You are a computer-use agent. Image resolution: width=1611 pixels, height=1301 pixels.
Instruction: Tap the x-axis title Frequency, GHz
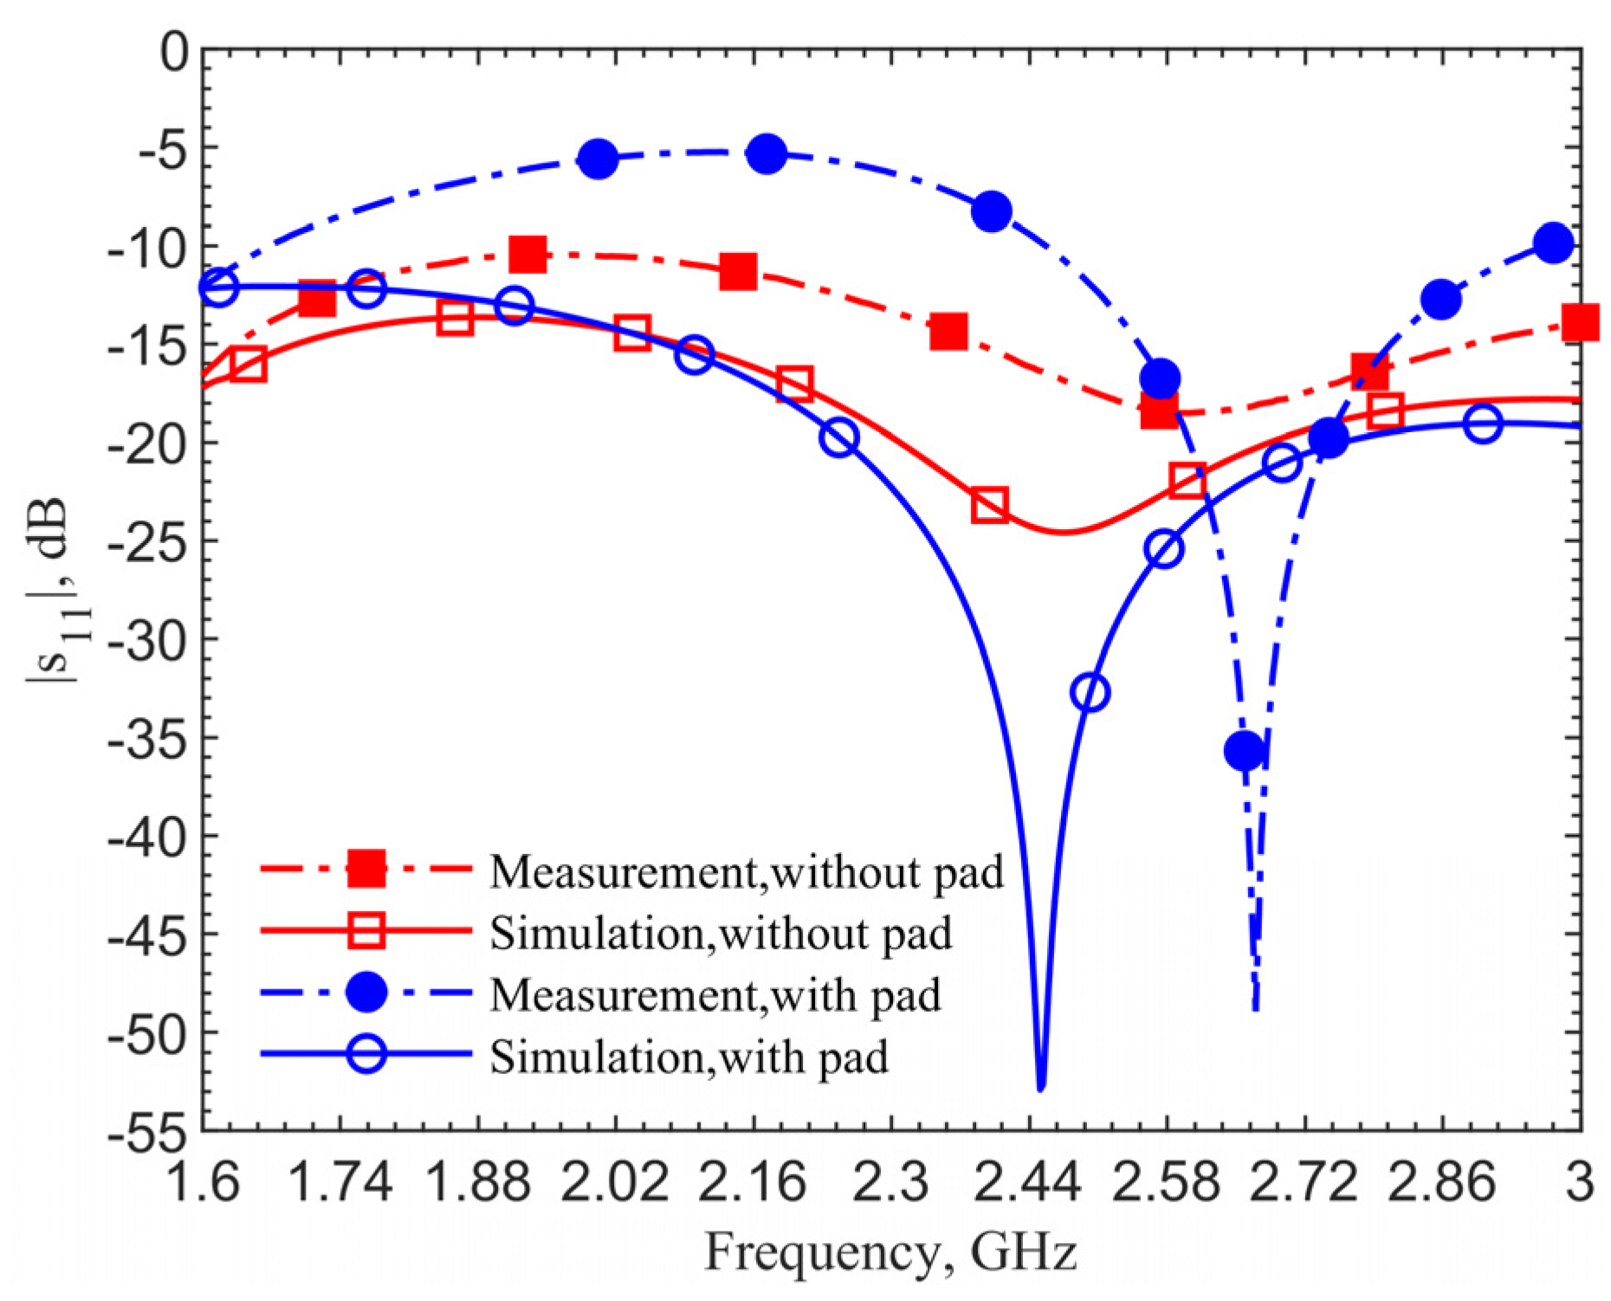pyautogui.click(x=891, y=1252)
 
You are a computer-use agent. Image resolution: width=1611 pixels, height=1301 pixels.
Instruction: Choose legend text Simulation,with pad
pyautogui.click(x=689, y=1056)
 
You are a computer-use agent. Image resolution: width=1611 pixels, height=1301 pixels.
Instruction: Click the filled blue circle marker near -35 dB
pyautogui.click(x=1245, y=750)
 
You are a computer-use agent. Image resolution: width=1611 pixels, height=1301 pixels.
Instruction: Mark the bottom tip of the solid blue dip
pyautogui.click(x=1041, y=1087)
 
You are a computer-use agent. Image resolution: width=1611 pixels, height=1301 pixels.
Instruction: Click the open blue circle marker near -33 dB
pyautogui.click(x=1090, y=692)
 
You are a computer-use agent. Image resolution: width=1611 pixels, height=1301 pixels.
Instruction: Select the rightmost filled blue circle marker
pyautogui.click(x=1554, y=243)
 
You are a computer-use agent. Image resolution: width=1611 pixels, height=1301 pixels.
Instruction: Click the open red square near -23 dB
pyautogui.click(x=989, y=504)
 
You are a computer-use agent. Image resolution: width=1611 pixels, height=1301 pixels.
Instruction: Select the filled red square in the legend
pyautogui.click(x=366, y=869)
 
